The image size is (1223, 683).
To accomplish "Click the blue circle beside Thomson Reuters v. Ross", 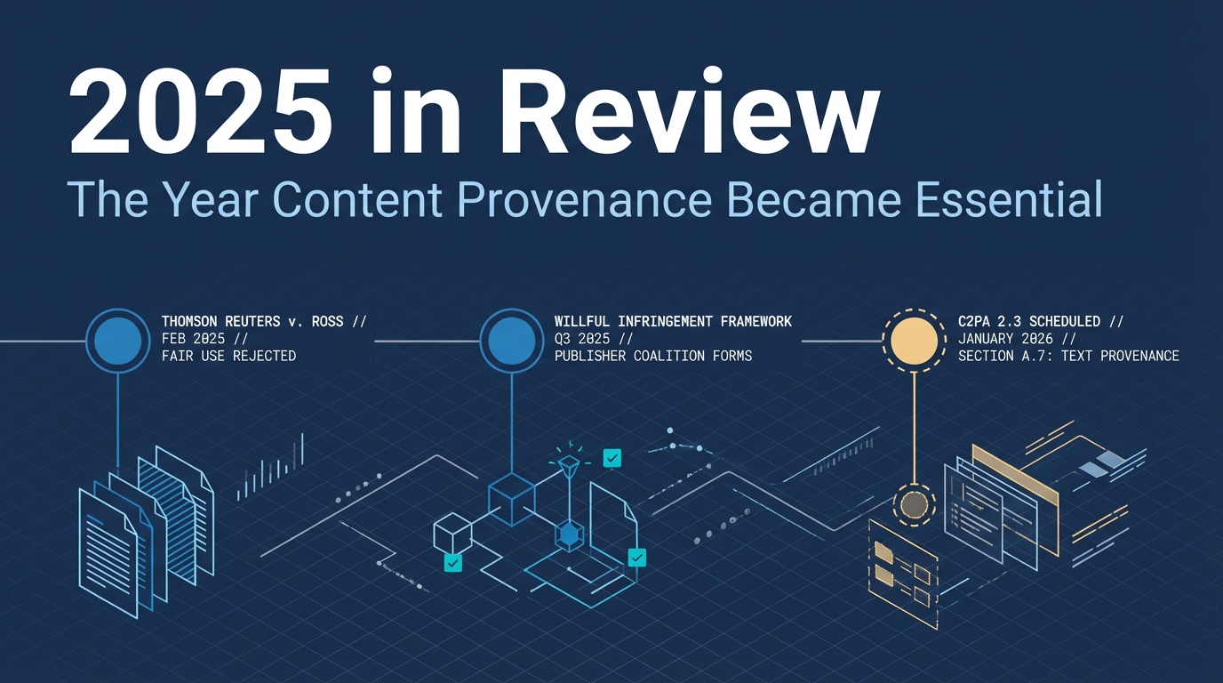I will click(117, 340).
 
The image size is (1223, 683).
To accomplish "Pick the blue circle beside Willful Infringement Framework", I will click(511, 340).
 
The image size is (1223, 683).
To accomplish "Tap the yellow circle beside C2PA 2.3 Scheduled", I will click(913, 340).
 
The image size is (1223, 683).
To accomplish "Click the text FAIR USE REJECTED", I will click(228, 356).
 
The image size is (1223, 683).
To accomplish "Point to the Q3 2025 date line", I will click(594, 339).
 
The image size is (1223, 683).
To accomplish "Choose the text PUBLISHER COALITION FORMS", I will click(652, 356).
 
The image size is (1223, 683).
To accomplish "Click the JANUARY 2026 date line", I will click(1017, 339).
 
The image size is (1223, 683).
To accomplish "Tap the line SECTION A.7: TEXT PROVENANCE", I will click(1068, 356).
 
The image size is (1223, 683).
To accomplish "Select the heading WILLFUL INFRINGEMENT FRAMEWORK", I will click(672, 321).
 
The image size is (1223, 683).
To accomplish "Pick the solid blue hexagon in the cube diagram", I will click(569, 534).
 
